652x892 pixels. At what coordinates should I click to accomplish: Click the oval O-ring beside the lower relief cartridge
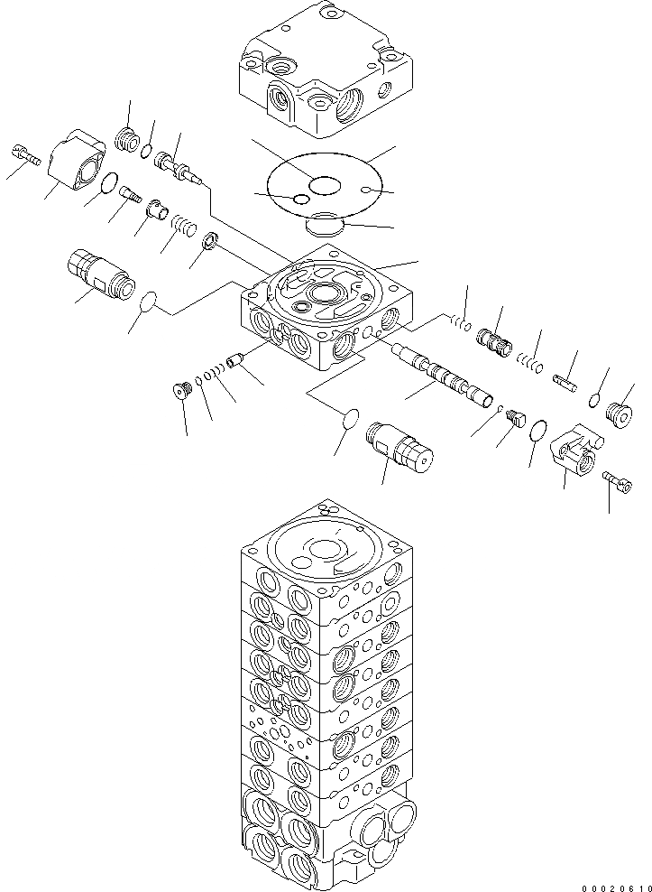point(351,419)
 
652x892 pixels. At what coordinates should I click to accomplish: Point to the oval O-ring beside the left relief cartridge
point(150,301)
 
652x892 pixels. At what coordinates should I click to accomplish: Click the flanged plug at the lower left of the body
point(183,391)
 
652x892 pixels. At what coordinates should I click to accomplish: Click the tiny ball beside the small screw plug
point(500,409)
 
